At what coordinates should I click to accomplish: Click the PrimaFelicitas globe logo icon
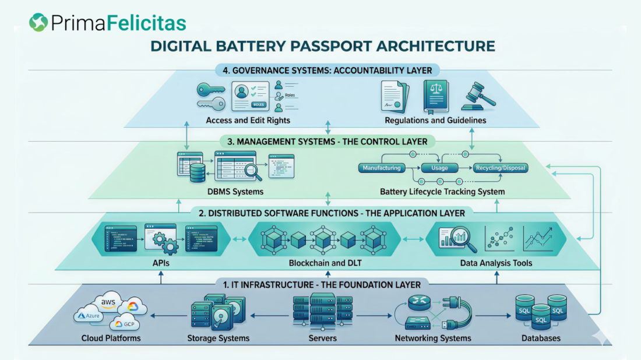click(x=39, y=23)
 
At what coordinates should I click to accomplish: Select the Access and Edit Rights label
click(x=248, y=121)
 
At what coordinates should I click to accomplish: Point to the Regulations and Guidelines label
click(x=435, y=121)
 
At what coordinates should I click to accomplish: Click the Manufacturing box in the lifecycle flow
click(x=382, y=168)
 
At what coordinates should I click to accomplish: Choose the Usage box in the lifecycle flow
click(x=439, y=168)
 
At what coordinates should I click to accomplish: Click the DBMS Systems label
click(x=235, y=191)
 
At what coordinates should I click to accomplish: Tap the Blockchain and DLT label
click(x=325, y=263)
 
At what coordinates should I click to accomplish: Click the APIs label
click(x=161, y=263)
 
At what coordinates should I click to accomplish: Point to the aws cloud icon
click(x=109, y=304)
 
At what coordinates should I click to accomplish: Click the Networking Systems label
click(x=433, y=338)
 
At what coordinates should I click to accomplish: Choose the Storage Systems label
click(x=218, y=338)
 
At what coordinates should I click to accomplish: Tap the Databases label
click(x=541, y=338)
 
